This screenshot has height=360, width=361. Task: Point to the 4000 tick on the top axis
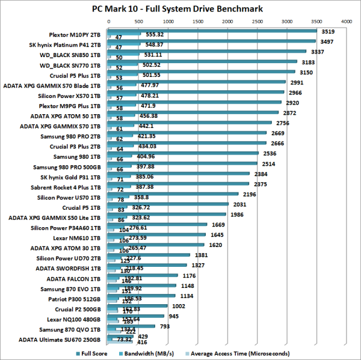(x=346, y=20)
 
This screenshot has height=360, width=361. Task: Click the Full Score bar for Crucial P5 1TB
(x=168, y=204)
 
